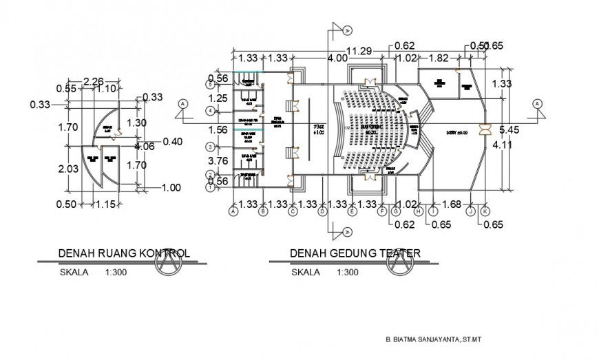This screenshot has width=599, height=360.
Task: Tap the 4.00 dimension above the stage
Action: coord(337,59)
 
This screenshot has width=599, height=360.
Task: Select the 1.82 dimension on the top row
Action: coord(439,59)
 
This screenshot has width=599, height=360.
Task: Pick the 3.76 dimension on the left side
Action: coord(218,161)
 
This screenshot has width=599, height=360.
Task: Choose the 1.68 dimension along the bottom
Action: coord(450,204)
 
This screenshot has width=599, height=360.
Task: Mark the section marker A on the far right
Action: coord(537,103)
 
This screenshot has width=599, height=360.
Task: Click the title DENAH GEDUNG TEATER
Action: coord(355,253)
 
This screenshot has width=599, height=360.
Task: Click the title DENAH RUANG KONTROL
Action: coord(124,253)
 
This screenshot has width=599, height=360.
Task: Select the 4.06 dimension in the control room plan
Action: coord(145,146)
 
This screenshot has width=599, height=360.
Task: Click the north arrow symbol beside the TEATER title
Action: coord(399,265)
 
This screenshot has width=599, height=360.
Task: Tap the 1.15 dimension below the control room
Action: coord(104,204)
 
